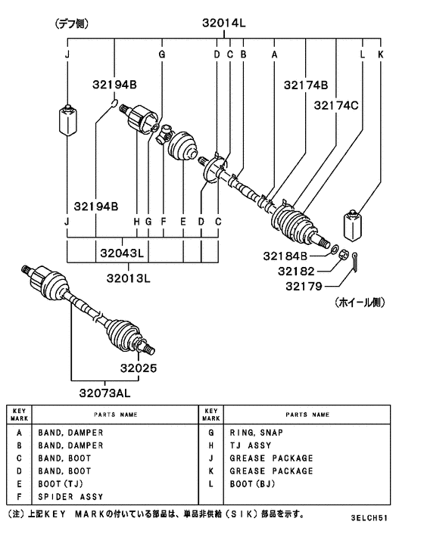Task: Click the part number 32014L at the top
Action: point(223,23)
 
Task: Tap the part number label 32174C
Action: point(338,105)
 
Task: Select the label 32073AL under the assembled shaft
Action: point(111,392)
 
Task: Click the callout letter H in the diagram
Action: point(136,222)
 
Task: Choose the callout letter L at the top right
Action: point(363,55)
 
